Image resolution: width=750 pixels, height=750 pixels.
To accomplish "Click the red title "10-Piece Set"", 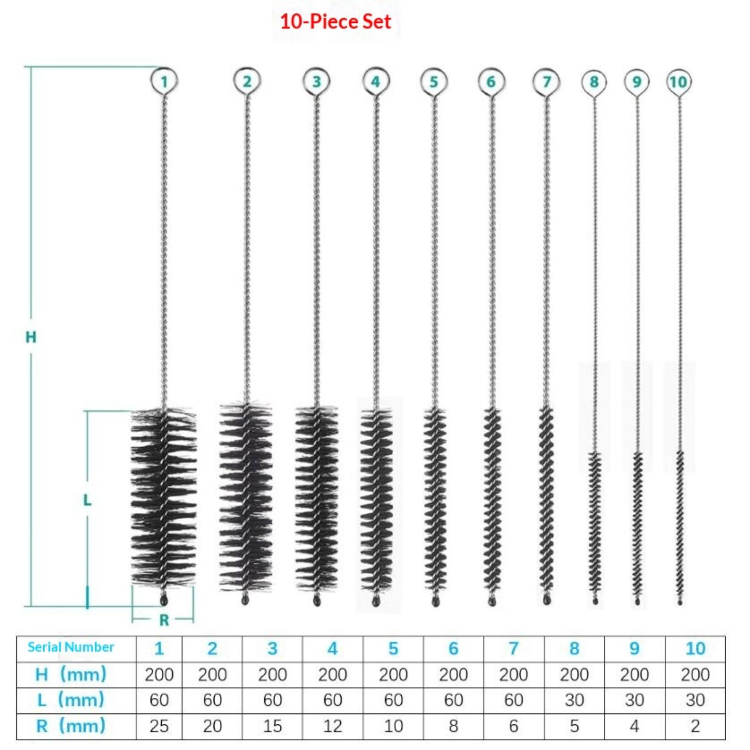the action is [335, 22].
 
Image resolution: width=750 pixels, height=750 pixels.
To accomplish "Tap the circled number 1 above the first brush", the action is [164, 82].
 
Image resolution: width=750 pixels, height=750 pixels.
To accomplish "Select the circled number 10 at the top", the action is [678, 82].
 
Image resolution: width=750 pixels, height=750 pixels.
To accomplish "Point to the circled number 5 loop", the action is [434, 82].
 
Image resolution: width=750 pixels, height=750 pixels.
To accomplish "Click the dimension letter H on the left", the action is [31, 337].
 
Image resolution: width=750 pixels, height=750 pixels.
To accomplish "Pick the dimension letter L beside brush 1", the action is [87, 500].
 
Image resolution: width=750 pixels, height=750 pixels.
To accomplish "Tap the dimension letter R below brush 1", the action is [164, 620].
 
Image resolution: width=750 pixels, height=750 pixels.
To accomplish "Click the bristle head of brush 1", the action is [163, 497].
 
